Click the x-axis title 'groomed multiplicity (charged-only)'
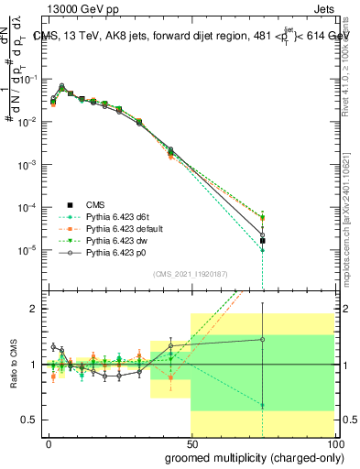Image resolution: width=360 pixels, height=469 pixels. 250,456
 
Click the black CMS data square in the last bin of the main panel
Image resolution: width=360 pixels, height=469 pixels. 263,241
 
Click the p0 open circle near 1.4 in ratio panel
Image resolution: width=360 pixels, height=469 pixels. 263,339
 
